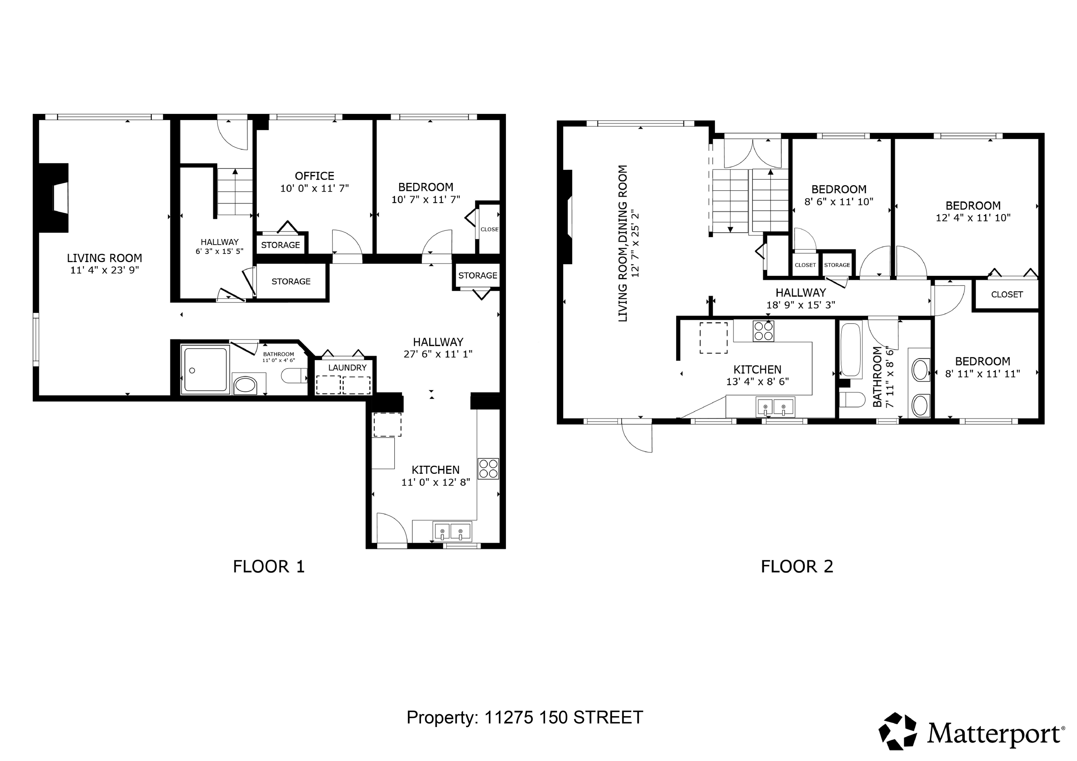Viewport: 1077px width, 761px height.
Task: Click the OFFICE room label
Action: [314, 176]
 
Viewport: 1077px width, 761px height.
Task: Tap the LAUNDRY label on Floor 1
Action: [347, 368]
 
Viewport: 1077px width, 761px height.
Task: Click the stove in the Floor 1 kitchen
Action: [488, 468]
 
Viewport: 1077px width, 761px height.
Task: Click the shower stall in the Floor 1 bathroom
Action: [205, 370]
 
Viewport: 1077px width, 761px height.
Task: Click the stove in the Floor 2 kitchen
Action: [763, 331]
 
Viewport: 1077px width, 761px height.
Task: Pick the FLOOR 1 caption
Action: [269, 567]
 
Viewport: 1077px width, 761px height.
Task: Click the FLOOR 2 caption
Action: [797, 567]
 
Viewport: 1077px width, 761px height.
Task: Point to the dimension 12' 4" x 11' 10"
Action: [973, 218]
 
